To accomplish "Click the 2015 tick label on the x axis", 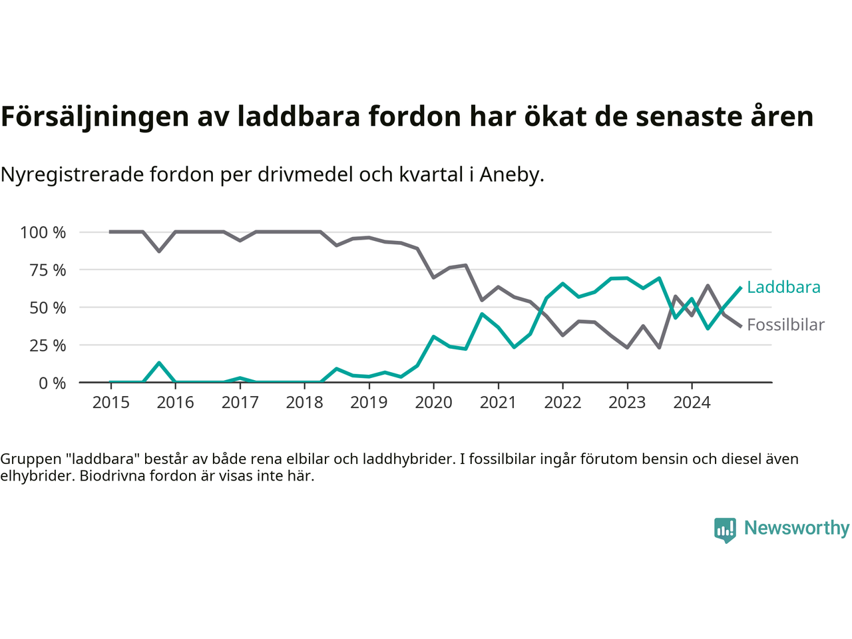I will [110, 403].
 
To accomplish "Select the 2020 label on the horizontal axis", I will [433, 403].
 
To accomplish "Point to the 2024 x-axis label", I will [692, 403].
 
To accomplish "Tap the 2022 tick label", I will [562, 403].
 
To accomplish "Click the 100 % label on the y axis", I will [43, 232].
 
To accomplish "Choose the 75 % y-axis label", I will [48, 270].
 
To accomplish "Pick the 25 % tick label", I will [48, 345].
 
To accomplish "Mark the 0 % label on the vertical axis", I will [53, 383].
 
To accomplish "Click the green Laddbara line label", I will [783, 287].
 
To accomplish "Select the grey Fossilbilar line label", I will [785, 325].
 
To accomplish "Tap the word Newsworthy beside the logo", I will [797, 528].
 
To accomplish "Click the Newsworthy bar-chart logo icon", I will [725, 530].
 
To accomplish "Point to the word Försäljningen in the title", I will [95, 116].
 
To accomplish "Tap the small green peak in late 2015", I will [159, 363].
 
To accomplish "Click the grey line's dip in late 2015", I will [159, 251].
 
